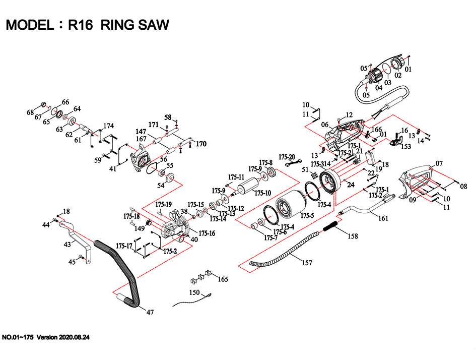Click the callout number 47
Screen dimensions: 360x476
150,313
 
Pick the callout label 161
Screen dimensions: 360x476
383,219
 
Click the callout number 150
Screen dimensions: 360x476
194,292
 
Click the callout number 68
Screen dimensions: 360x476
30,111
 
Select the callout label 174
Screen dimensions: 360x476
109,126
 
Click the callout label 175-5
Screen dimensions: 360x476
307,215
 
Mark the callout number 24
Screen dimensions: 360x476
351,185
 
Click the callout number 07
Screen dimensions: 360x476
439,163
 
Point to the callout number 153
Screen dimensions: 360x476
405,147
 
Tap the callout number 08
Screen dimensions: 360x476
464,186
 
